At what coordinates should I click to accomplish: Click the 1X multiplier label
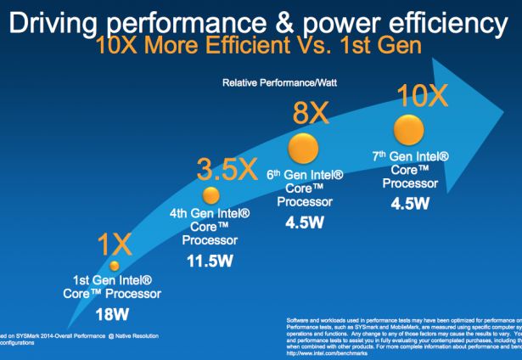pos(113,247)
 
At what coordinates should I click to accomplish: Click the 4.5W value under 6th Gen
pos(303,223)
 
